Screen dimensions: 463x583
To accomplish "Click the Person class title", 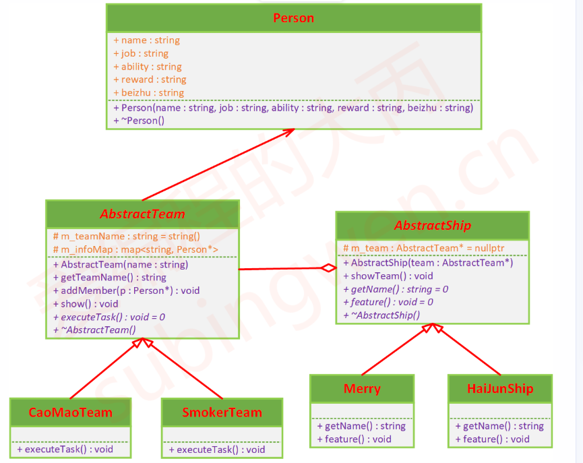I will pos(293,18).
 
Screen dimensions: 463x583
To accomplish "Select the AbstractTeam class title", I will pos(142,214).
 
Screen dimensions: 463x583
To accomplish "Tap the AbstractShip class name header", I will pos(432,226).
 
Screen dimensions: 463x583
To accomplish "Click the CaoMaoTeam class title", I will pos(70,412).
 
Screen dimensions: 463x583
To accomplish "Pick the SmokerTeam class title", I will pos(222,412).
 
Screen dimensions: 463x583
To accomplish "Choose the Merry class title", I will pos(362,389).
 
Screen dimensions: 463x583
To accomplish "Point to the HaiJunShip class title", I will pos(500,389).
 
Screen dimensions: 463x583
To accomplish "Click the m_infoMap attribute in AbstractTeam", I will pos(135,249).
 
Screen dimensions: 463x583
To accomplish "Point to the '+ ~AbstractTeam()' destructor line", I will pos(94,330).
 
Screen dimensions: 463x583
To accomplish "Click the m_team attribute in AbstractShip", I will pos(423,248).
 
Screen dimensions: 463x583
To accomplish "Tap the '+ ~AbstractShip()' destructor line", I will pos(381,315).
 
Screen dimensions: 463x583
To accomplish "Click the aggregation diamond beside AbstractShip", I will pos(328,268).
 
